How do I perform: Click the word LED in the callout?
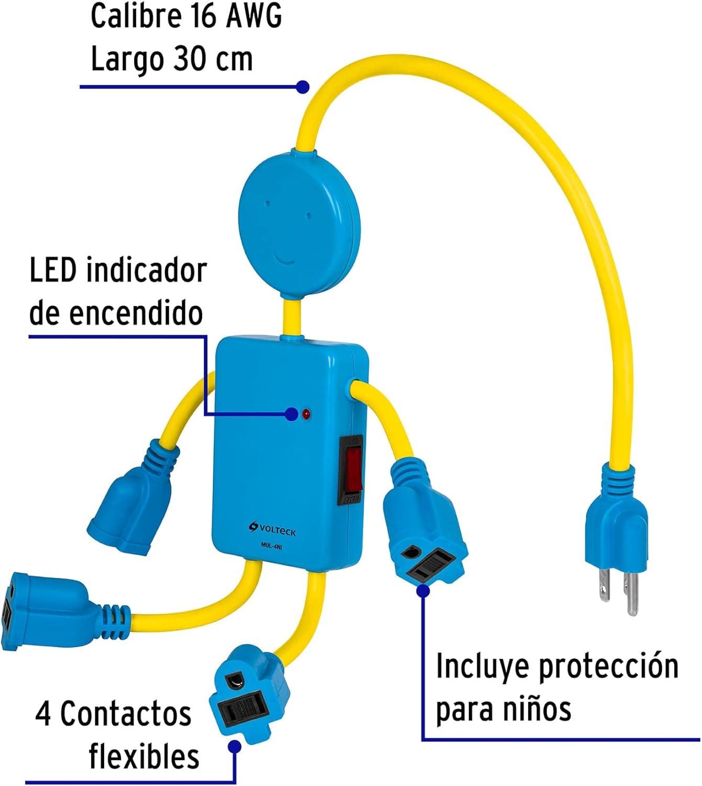(53, 271)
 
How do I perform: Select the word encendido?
(136, 313)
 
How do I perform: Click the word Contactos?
(126, 714)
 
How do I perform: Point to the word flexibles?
(144, 756)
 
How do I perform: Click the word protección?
(609, 667)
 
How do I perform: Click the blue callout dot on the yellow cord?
(302, 86)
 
